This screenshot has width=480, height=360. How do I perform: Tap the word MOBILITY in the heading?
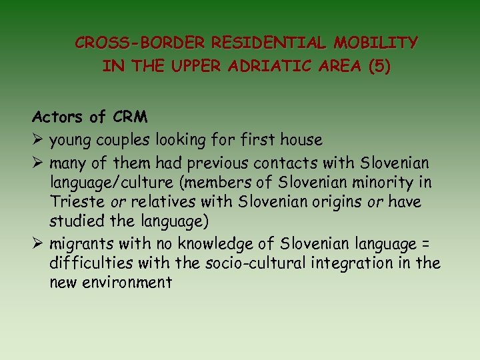376,43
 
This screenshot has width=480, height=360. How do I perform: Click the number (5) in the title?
378,67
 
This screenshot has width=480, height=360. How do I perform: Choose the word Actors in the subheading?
59,117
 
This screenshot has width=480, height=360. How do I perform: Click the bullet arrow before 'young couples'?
38,140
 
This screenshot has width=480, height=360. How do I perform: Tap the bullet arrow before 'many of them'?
38,163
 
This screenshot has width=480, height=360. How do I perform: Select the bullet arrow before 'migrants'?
38,243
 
